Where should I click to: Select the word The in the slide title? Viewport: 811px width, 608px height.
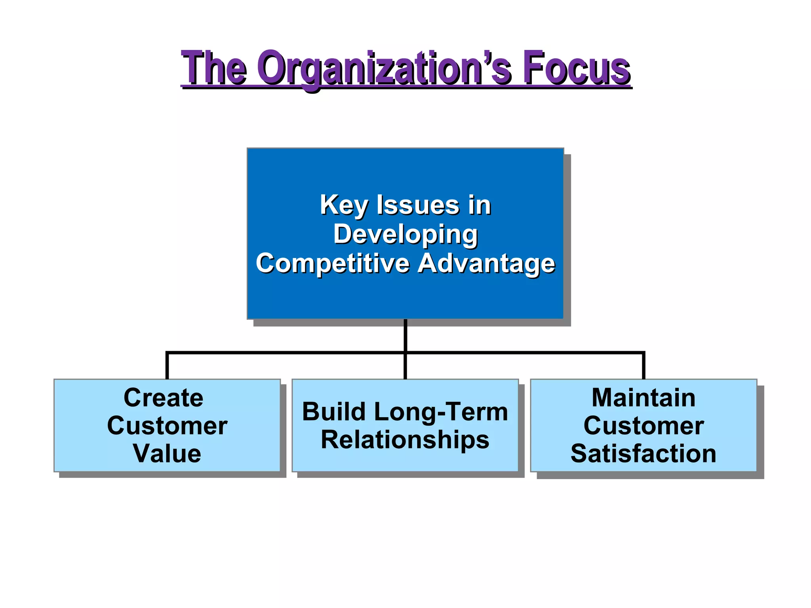(x=214, y=68)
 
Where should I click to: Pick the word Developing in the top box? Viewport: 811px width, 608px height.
(x=405, y=234)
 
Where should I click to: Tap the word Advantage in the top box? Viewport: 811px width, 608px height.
(x=486, y=263)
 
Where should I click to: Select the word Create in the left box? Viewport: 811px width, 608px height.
(x=164, y=397)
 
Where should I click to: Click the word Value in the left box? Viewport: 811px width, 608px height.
(x=167, y=453)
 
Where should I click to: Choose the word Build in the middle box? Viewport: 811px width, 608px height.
(x=334, y=412)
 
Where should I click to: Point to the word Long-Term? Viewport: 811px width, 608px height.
(x=441, y=412)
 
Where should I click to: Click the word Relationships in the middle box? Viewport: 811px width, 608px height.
(x=405, y=440)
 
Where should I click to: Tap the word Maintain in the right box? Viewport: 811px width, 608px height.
(x=643, y=397)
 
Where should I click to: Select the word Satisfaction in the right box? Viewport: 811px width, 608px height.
(x=643, y=453)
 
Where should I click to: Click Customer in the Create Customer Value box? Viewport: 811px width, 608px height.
(x=167, y=426)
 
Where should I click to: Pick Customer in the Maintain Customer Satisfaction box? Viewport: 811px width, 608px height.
(x=643, y=426)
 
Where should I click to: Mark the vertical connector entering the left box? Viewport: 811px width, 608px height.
(x=167, y=366)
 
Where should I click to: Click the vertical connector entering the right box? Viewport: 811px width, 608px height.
(x=643, y=366)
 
